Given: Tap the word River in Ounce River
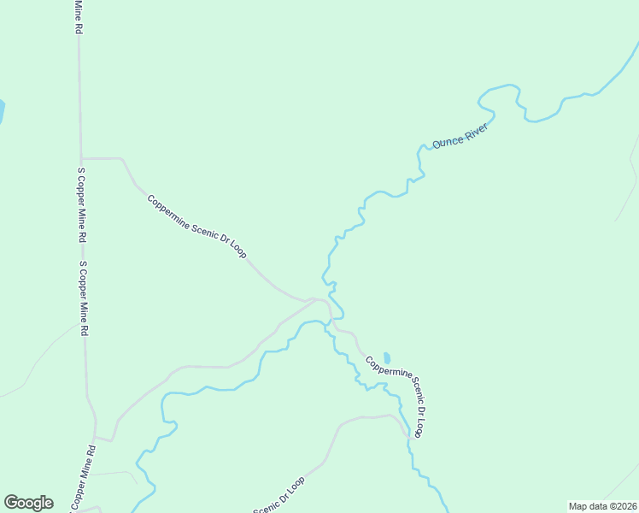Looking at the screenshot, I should (x=475, y=130).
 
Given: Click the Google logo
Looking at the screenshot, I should (x=28, y=502).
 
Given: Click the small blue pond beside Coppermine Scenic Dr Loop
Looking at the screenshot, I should (x=387, y=357).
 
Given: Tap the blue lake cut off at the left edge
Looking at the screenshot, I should (x=2, y=112).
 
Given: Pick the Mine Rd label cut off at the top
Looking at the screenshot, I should (x=78, y=15).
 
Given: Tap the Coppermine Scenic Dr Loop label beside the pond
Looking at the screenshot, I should (x=396, y=397).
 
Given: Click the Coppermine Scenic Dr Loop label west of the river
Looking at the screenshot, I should (x=196, y=227).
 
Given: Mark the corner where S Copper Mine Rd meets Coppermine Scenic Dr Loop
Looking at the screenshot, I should (x=81, y=158).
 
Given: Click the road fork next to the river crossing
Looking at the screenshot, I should (x=316, y=299).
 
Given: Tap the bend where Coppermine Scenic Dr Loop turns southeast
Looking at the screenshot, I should (x=125, y=159).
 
